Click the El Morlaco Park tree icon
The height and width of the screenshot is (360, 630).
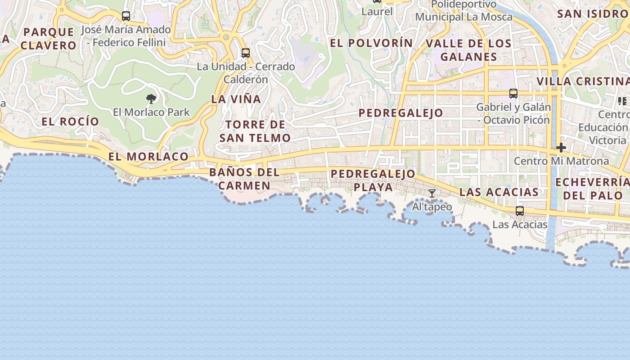(151, 99)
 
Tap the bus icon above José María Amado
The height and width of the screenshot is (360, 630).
(126, 16)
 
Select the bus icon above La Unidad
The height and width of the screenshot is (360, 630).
(245, 53)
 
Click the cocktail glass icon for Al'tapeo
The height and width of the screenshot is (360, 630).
(432, 193)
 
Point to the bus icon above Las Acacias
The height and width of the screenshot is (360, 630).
(520, 211)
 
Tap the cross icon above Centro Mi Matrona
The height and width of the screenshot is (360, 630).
(561, 148)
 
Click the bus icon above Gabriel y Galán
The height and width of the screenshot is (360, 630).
(513, 94)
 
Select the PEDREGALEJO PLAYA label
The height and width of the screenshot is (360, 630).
(373, 180)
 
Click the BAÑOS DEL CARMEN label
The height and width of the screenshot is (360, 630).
(244, 179)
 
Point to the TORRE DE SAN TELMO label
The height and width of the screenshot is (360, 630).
(255, 131)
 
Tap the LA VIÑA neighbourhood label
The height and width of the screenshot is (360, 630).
(236, 99)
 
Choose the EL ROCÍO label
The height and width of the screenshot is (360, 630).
(70, 121)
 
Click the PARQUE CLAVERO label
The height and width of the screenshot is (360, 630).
(48, 38)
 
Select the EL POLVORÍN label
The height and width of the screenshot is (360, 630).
(371, 43)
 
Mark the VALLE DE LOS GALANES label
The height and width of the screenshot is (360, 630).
(468, 50)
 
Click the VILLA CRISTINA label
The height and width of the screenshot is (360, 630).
(583, 81)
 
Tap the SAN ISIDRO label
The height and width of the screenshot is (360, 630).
(592, 13)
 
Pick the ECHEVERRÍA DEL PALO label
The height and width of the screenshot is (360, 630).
(592, 189)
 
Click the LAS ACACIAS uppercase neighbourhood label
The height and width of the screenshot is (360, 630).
(499, 192)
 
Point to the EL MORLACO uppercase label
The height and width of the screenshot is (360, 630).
(148, 157)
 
